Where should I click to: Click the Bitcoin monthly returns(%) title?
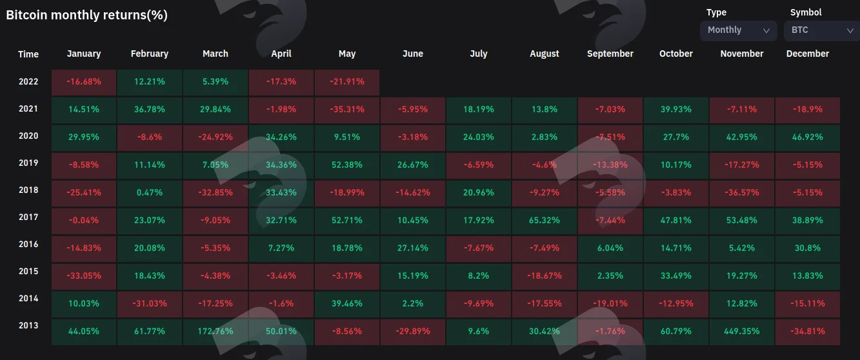pyautogui.click(x=86, y=15)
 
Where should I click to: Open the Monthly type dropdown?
pyautogui.click(x=738, y=30)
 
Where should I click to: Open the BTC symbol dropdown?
pyautogui.click(x=822, y=30)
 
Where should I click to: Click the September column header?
pyautogui.click(x=610, y=54)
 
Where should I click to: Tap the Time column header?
pyautogui.click(x=28, y=54)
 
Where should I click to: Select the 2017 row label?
pyautogui.click(x=28, y=217)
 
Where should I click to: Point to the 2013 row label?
pyautogui.click(x=28, y=325)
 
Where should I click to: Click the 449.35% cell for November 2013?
pyautogui.click(x=742, y=331)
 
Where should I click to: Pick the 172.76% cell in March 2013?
pyautogui.click(x=215, y=331)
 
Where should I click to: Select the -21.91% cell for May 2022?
pyautogui.click(x=347, y=82)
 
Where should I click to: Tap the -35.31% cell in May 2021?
pyautogui.click(x=347, y=110)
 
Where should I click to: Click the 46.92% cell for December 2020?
pyautogui.click(x=807, y=137)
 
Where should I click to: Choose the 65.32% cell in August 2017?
pyautogui.click(x=545, y=220)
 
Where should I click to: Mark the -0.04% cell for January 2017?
pyautogui.click(x=84, y=220)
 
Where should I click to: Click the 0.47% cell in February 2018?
pyautogui.click(x=150, y=193)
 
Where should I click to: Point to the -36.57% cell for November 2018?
pyautogui.click(x=742, y=193)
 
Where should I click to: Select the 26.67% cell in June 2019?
pyautogui.click(x=413, y=165)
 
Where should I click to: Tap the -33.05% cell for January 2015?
pyautogui.click(x=84, y=276)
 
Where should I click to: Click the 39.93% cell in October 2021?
pyautogui.click(x=676, y=110)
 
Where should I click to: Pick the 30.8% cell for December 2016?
pyautogui.click(x=807, y=248)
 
